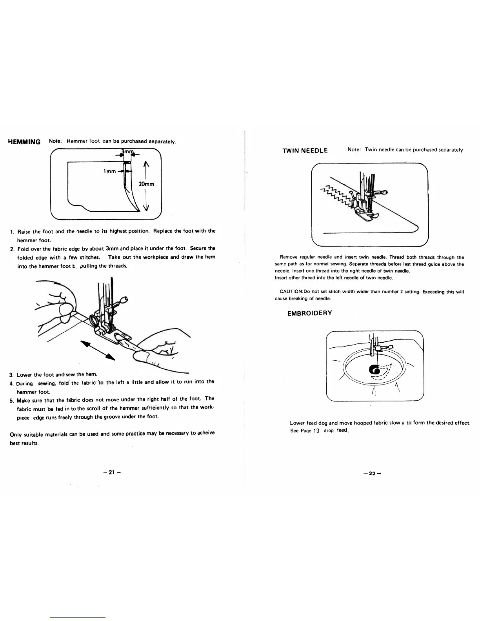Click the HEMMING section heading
[x=24, y=142]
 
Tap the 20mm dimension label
[x=146, y=184]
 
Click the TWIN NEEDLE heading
[x=305, y=150]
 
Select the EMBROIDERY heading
[x=310, y=313]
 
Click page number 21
[x=111, y=472]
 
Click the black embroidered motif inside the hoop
[x=374, y=370]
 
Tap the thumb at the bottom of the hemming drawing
[x=145, y=356]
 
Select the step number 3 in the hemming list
[x=11, y=375]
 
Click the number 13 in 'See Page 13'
[x=316, y=430]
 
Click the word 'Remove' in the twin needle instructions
[x=287, y=257]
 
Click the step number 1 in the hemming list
[x=12, y=231]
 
